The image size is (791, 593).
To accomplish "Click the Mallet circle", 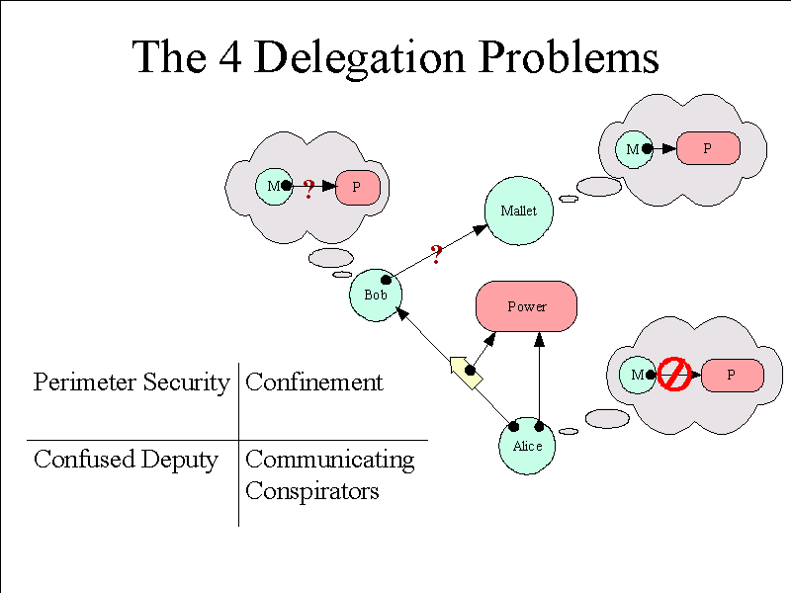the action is pos(518,211).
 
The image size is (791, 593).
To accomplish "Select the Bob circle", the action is pos(376,295).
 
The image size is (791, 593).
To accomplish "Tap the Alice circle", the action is pos(527,446).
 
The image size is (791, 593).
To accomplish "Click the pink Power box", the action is pos(527,306).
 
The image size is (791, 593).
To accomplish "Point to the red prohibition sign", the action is pos(674,375).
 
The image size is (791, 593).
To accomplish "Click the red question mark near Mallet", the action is pos(436,254).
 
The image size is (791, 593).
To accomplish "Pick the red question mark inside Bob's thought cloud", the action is pos(308,189).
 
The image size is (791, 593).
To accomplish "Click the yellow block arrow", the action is pos(466,373).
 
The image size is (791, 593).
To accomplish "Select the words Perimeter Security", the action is pos(132,382).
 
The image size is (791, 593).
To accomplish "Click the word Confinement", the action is pos(314,381).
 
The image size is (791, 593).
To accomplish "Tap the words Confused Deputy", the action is pos(127,460).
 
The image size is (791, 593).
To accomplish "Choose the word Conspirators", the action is pos(312,490).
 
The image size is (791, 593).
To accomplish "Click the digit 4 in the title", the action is pos(230,57).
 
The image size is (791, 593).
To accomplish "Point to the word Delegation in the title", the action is pos(359,58).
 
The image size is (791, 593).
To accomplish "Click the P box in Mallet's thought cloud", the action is pos(708,148).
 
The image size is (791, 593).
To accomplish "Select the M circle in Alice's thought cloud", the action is pos(638,375).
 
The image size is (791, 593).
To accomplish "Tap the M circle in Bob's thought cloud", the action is pos(274,187).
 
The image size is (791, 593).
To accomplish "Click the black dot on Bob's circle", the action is pos(386,280).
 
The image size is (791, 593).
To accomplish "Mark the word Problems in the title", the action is pos(570,57).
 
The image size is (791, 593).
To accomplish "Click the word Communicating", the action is pos(330,460).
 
